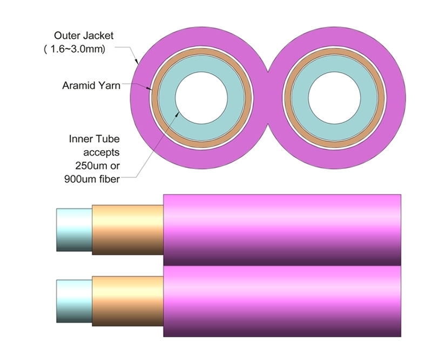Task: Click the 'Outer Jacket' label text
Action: tap(84, 36)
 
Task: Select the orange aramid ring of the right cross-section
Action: tap(334, 57)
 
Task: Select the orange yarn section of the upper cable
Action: tap(127, 229)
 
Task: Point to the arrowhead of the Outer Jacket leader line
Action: tap(138, 63)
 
